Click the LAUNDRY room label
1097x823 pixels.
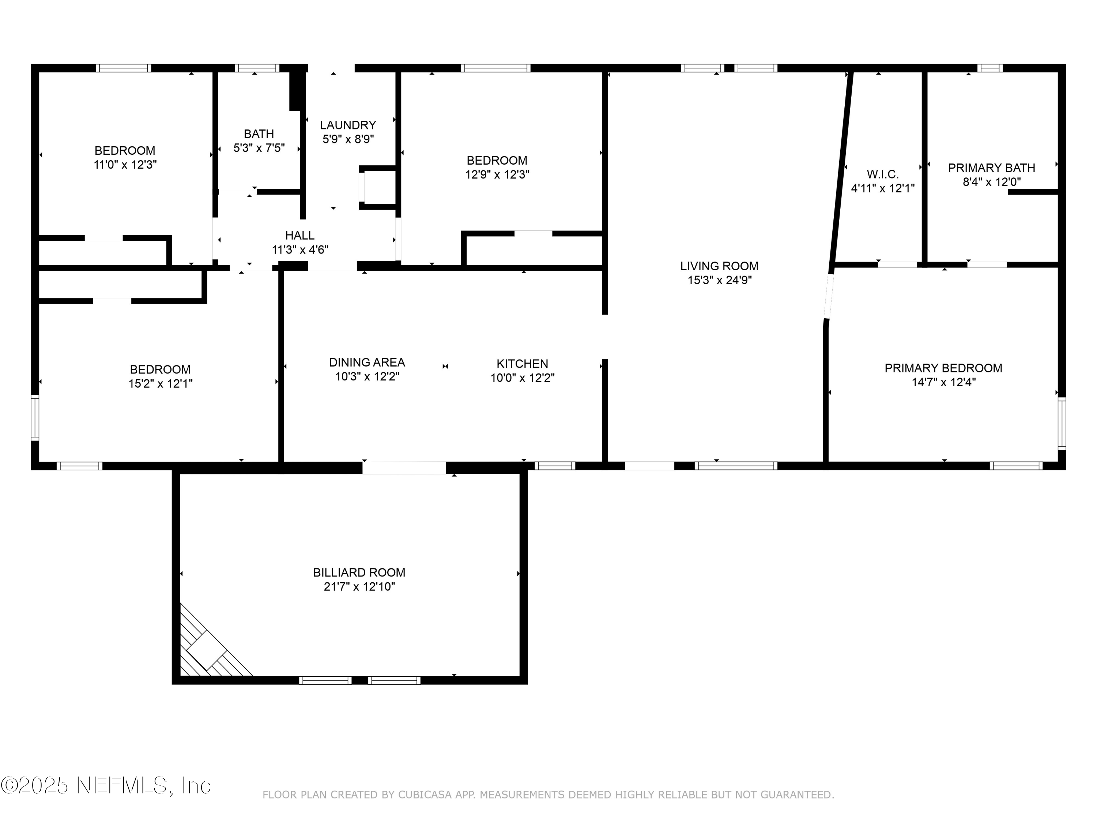pyautogui.click(x=348, y=125)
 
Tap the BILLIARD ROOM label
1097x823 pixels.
pyautogui.click(x=359, y=572)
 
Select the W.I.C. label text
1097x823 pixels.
pyautogui.click(x=883, y=174)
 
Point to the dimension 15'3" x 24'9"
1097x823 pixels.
pyautogui.click(x=719, y=280)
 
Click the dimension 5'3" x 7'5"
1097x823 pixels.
pyautogui.click(x=259, y=148)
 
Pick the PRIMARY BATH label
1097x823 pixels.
pyautogui.click(x=991, y=168)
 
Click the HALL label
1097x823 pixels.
pyautogui.click(x=299, y=235)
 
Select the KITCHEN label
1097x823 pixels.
pyautogui.click(x=522, y=364)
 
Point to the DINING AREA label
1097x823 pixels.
pyautogui.click(x=367, y=362)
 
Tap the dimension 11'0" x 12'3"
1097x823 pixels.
pyautogui.click(x=125, y=165)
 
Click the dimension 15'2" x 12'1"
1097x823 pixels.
pyautogui.click(x=160, y=383)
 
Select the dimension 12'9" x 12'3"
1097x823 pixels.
pyautogui.click(x=497, y=174)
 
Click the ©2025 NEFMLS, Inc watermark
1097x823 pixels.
pyautogui.click(x=106, y=785)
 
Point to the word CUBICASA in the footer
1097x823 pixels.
pyautogui.click(x=425, y=795)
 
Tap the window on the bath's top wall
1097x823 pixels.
pyautogui.click(x=257, y=68)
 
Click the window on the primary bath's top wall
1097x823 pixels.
pyautogui.click(x=990, y=68)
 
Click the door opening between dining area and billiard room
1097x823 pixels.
pyautogui.click(x=404, y=467)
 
